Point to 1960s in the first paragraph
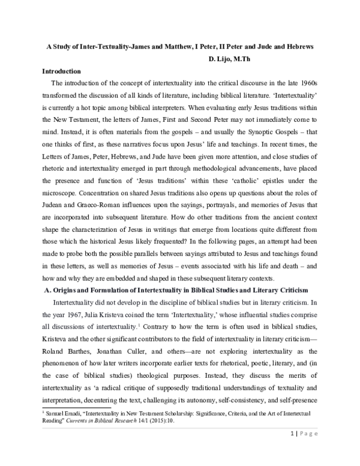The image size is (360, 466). coord(314,83)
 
